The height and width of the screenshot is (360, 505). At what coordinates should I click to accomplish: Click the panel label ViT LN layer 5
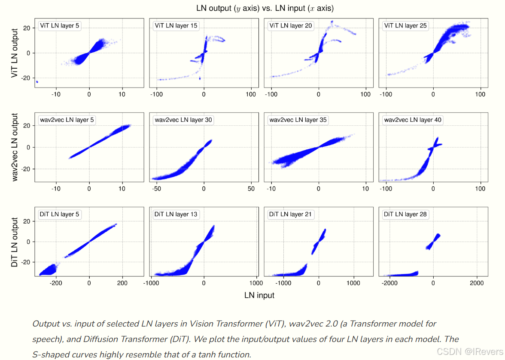[x=59, y=26]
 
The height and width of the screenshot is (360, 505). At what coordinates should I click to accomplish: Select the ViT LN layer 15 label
[x=176, y=26]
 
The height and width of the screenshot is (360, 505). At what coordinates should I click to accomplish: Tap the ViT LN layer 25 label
[x=405, y=26]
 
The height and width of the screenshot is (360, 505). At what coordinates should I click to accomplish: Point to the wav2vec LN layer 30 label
[x=183, y=120]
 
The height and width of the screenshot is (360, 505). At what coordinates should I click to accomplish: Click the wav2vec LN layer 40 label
[x=412, y=120]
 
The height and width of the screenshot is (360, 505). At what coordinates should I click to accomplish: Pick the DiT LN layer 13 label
[x=176, y=214]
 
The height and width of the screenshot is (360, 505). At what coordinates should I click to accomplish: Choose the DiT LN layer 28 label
[x=405, y=214]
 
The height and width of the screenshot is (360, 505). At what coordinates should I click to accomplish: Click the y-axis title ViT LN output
[x=15, y=53]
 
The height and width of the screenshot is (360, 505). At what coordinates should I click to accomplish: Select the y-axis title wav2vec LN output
[x=15, y=147]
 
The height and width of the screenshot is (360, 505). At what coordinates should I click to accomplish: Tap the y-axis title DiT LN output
[x=15, y=242]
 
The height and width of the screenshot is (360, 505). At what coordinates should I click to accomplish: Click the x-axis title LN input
[x=259, y=295]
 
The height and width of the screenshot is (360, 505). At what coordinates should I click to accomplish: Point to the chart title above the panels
[x=265, y=8]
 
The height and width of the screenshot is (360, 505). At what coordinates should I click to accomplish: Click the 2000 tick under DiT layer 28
[x=477, y=283]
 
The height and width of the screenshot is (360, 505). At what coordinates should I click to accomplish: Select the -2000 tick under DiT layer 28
[x=389, y=283]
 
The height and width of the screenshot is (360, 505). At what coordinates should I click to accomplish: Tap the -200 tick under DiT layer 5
[x=56, y=283]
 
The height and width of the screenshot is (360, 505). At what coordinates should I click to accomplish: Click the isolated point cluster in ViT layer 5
[x=37, y=82]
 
